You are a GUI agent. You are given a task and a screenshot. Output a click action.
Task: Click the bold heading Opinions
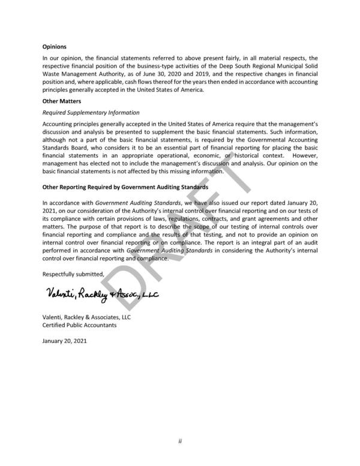coord(54,46)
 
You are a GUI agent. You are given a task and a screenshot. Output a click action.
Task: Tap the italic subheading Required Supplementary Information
coord(91,112)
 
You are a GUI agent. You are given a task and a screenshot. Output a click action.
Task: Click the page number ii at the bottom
coord(179,441)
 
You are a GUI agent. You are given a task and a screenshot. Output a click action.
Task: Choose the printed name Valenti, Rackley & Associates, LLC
coord(86,317)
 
